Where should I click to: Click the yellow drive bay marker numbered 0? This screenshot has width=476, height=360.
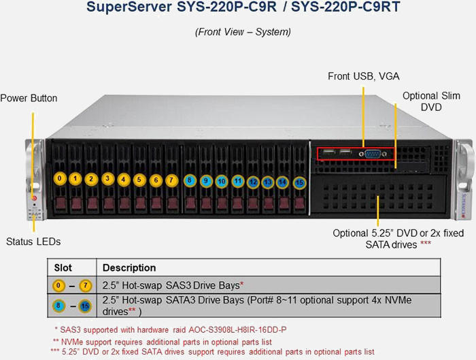pyautogui.click(x=61, y=179)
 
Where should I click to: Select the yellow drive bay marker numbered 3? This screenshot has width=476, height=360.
pyautogui.click(x=107, y=179)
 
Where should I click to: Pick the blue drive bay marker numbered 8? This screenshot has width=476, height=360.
pyautogui.click(x=190, y=181)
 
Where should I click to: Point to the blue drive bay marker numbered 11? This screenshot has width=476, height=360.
pyautogui.click(x=237, y=181)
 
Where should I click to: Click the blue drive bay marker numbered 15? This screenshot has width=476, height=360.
pyautogui.click(x=300, y=182)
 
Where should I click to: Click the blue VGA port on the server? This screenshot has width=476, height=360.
pyautogui.click(x=373, y=154)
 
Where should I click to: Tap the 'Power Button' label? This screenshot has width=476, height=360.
pyautogui.click(x=29, y=99)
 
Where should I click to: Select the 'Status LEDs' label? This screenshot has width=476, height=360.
pyautogui.click(x=33, y=241)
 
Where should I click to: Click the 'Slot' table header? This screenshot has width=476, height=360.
pyautogui.click(x=63, y=267)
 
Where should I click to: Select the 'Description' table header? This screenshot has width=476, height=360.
pyautogui.click(x=129, y=267)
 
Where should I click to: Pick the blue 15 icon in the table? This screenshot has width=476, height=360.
pyautogui.click(x=85, y=306)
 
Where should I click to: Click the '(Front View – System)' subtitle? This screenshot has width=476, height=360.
pyautogui.click(x=243, y=32)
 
